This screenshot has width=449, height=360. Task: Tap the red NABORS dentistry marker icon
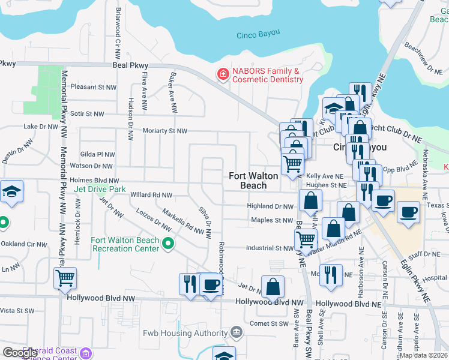pyautogui.click(x=223, y=74)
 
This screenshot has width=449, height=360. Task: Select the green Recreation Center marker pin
pyautogui.click(x=168, y=244)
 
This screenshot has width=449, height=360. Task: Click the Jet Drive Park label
pyautogui.click(x=100, y=189)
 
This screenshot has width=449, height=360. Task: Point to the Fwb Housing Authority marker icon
pyautogui.click(x=237, y=332)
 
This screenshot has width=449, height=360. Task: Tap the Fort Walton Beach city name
pyautogui.click(x=254, y=181)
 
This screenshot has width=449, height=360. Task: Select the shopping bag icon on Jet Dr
pyautogui.click(x=273, y=287)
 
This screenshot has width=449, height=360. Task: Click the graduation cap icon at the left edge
pyautogui.click(x=11, y=191)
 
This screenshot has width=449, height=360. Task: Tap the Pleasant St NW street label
pyautogui.click(x=92, y=87)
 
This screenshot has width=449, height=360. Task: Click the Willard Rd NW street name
pyautogui.click(x=151, y=195)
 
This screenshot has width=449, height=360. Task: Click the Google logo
pyautogui.click(x=20, y=353)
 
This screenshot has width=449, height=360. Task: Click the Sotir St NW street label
pyautogui.click(x=87, y=113)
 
